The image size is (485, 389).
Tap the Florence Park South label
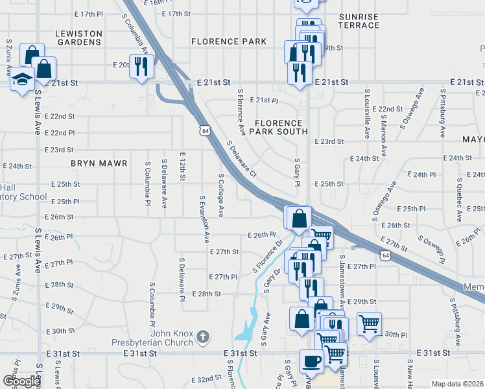279,127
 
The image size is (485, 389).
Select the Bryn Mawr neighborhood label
99,163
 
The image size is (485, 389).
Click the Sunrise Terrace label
359,20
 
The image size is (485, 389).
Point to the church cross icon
203,336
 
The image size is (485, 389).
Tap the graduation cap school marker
22,80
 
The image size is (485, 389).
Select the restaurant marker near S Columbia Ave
139,65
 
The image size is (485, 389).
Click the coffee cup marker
311,360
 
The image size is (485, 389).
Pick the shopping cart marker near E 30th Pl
368,322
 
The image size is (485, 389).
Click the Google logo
21,381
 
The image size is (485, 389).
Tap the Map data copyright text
457,384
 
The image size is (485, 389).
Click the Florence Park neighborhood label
229,41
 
